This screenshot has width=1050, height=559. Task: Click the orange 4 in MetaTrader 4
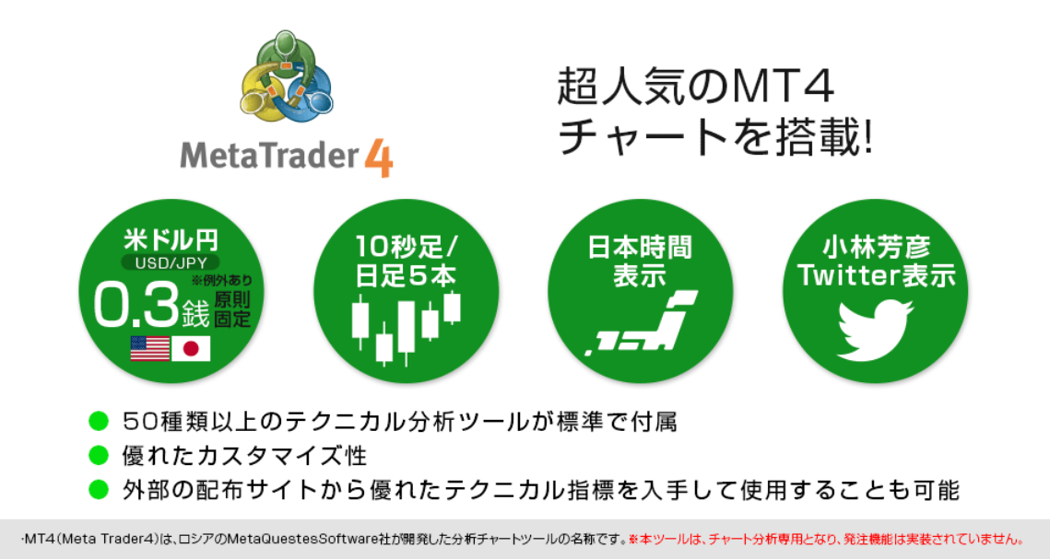tap(379, 157)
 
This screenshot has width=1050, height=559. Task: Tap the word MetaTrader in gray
tap(269, 155)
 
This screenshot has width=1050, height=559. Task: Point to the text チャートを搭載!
tap(715, 137)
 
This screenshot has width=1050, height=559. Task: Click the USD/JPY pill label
tap(171, 262)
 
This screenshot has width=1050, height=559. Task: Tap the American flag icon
tap(150, 348)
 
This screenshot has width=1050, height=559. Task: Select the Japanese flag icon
tap(191, 348)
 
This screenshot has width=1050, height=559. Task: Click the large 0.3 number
tap(136, 305)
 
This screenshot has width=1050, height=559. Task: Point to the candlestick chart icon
tap(406, 328)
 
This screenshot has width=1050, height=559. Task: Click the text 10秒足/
tap(406, 248)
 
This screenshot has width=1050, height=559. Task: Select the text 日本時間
tap(640, 248)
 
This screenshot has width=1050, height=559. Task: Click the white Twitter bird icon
tap(875, 329)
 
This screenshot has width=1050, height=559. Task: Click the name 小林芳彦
tap(876, 248)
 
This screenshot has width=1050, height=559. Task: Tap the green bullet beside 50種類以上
tap(99, 421)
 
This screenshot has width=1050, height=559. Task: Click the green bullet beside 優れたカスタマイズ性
tap(99, 455)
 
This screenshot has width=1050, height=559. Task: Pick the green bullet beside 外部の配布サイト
tap(99, 489)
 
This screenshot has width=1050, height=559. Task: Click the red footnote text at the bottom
tap(826, 539)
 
